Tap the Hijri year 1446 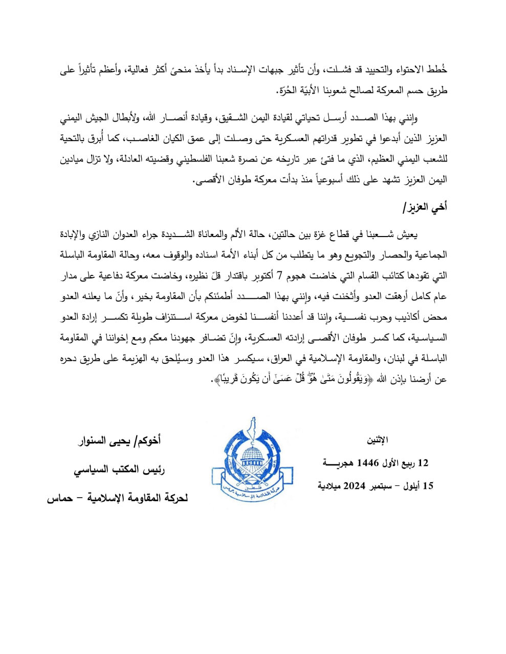click(x=367, y=463)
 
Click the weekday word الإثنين click(x=378, y=439)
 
